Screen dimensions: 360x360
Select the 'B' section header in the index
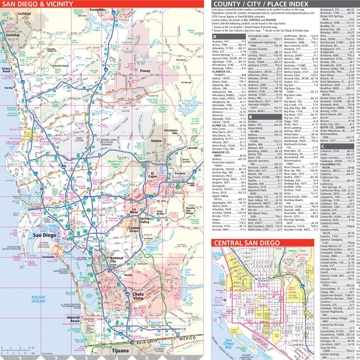[251, 118]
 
